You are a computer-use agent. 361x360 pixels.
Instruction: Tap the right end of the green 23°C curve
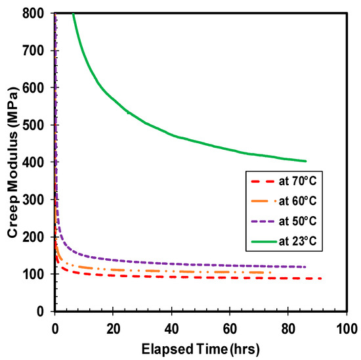pos(306,160)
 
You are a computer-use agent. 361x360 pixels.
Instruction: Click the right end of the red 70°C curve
pos(321,279)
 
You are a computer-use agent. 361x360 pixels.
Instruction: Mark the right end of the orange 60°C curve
pos(272,273)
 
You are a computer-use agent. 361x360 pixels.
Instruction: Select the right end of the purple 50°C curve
pos(306,267)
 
